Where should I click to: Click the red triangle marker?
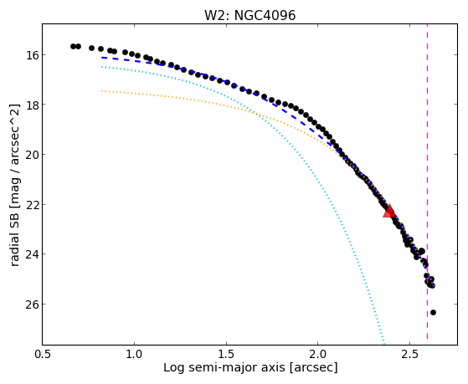[389, 212]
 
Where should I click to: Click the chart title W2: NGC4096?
[249, 16]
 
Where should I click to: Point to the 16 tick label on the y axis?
[31, 55]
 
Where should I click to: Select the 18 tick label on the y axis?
[31, 105]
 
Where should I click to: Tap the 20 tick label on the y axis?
[31, 155]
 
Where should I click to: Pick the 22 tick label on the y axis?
[31, 205]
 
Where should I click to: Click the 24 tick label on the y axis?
[31, 254]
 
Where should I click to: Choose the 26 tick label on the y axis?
[31, 305]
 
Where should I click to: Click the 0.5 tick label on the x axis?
[43, 354]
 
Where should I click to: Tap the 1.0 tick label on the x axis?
[134, 354]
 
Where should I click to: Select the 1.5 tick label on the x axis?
[226, 354]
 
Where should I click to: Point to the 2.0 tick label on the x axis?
[318, 354]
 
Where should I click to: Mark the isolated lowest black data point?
[433, 312]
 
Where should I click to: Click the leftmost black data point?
[73, 46]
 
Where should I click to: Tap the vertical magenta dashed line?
[427, 182]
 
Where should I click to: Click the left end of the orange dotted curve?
[102, 90]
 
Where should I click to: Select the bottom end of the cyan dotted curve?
[383, 344]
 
